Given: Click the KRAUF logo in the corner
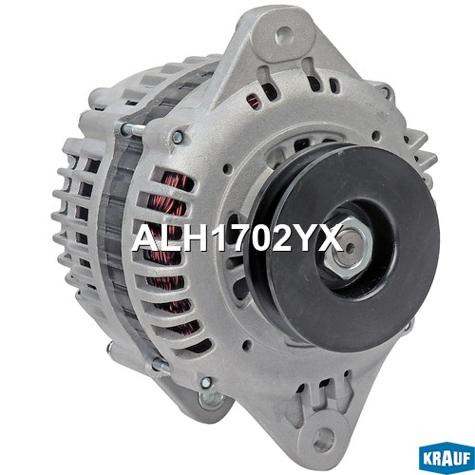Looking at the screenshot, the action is (x=446, y=458).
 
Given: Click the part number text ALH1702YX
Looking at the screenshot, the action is (x=237, y=237).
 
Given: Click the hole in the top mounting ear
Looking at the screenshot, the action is (x=284, y=35).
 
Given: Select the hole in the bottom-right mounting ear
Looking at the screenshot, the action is (x=323, y=436).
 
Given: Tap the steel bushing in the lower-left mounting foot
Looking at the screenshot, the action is (x=211, y=400).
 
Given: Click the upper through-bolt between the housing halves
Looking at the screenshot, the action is (x=132, y=129).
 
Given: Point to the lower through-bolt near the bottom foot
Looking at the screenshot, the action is (x=161, y=366).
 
